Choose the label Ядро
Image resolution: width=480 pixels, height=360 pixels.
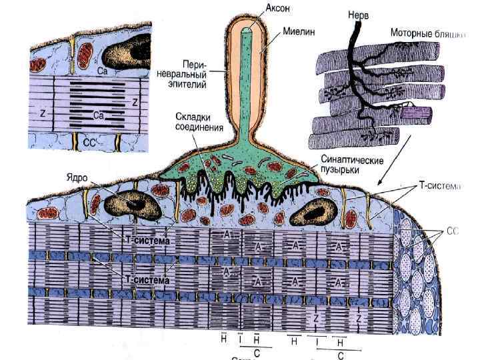pyautogui.click(x=78, y=178)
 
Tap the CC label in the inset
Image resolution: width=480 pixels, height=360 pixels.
pyautogui.click(x=89, y=141)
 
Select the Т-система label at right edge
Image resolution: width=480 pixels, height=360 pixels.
pyautogui.click(x=440, y=187)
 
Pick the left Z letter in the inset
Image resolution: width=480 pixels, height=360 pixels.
pyautogui.click(x=42, y=114)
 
